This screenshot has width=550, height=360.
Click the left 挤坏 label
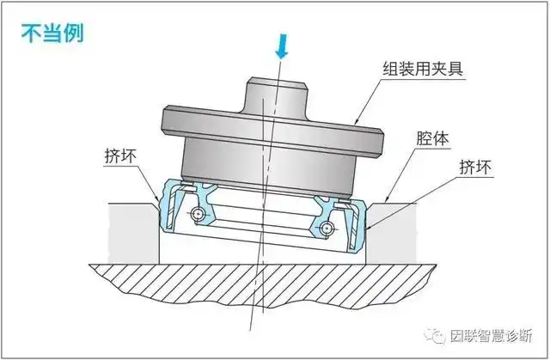click(x=116, y=156)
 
